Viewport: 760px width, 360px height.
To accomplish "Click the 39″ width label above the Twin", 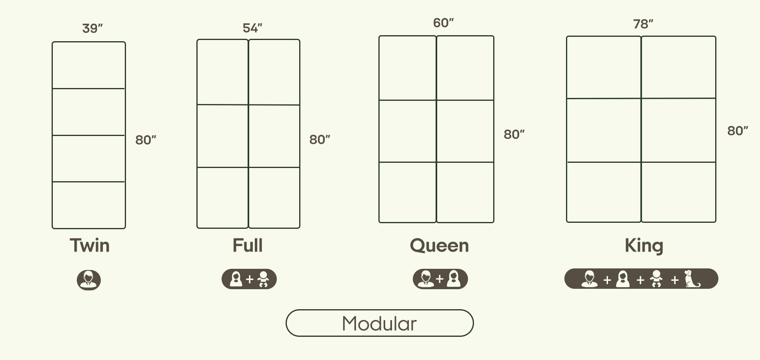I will pos(92,28).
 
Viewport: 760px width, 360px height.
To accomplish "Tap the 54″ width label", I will pos(252,28).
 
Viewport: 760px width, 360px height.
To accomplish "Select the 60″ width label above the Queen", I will pos(443,23).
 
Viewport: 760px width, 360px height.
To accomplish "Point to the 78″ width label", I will pos(643,24).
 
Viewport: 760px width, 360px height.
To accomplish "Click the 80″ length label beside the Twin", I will pos(146,140).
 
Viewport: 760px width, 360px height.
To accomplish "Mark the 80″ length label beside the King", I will pos(737,131).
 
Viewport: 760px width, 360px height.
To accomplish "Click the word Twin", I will pos(90,245).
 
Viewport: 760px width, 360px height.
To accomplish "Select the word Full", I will pos(248,245).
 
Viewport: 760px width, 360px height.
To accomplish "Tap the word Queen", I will pos(439,246).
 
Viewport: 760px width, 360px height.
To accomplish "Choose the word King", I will pos(644,246).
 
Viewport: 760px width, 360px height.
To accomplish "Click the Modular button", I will pos(380,323).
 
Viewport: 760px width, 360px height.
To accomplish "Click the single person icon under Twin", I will pos(89,280).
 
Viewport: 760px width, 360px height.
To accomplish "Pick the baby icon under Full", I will pos(263,279).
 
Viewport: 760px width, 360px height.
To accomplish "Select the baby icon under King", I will pos(656,279).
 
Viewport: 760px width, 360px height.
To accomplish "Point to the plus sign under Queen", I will pos(440,279).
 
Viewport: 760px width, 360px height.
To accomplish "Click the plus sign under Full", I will pos(250,279).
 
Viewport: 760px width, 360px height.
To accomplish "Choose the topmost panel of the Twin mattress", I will pos(89,65).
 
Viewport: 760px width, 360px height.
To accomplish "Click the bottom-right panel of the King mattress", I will pos(678,192).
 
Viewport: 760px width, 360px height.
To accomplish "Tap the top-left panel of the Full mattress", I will pos(222,72).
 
